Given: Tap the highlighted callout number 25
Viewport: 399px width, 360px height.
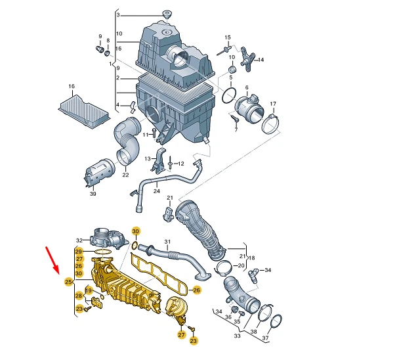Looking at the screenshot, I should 68,282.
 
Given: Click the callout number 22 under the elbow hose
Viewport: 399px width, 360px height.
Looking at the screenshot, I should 125,175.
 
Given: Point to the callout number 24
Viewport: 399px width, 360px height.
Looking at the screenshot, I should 156,191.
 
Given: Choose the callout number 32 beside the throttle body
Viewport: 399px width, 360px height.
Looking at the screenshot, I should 79,240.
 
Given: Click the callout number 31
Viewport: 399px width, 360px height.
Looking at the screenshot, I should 167,242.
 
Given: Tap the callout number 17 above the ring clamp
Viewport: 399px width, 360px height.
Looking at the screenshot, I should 273,104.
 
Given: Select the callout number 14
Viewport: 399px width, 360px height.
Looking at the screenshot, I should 260,60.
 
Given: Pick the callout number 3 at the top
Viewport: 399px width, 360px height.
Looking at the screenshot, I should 118,15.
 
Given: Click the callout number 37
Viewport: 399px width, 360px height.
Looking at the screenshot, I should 266,338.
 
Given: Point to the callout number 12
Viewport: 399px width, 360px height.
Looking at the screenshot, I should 180,164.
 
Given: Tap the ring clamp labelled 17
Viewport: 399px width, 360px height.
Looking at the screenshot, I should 272,122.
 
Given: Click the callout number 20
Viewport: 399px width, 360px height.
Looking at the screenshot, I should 241,265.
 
